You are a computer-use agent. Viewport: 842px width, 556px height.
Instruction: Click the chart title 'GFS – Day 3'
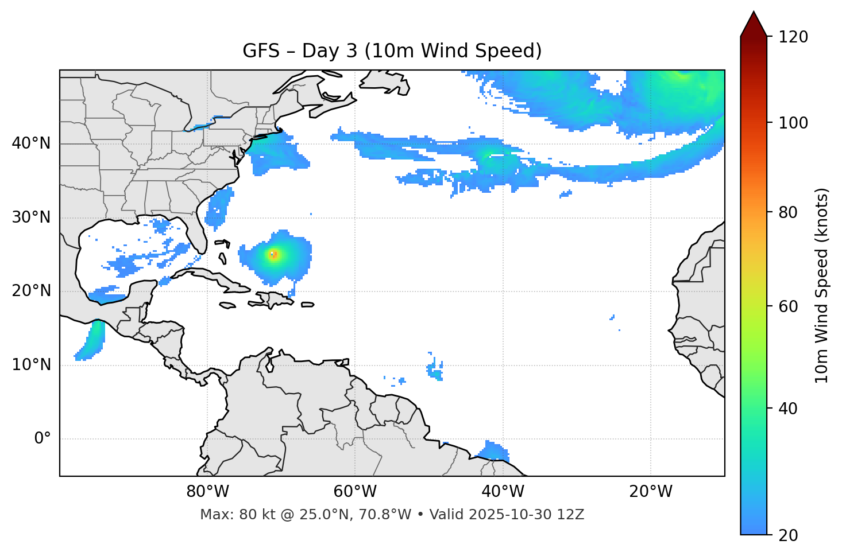tap(392, 51)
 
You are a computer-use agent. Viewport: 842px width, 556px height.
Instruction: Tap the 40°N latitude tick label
tap(31, 143)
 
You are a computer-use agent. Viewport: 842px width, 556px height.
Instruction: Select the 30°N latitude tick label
tap(31, 217)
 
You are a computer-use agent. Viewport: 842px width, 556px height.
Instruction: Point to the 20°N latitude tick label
tap(31, 291)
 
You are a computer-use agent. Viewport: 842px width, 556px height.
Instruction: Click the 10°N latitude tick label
tap(31, 365)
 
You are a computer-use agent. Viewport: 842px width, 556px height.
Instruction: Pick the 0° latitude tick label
tap(43, 439)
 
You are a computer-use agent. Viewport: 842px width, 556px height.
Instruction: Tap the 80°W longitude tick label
tap(207, 492)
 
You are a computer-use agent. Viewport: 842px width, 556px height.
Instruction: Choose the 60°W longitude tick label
tap(355, 492)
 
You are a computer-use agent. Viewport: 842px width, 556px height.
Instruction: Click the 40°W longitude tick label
tap(503, 492)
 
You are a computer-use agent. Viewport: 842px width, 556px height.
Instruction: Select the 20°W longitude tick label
tap(651, 492)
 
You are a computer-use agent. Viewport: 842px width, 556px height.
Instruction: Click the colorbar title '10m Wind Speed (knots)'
tap(822, 286)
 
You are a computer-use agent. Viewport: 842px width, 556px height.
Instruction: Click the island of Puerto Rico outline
tap(307, 305)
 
